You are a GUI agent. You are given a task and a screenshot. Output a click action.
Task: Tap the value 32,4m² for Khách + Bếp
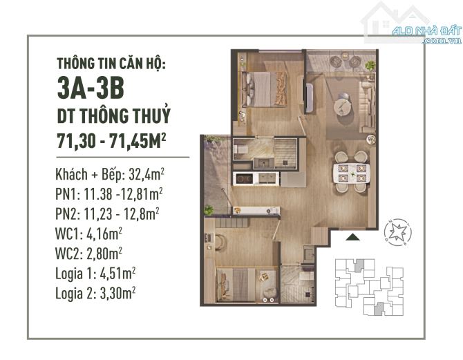point(147,175)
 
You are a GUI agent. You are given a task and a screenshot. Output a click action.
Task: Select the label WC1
point(67,234)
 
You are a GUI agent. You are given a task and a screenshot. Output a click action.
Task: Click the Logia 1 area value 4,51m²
point(117,273)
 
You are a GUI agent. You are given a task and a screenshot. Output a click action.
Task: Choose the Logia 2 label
point(75,293)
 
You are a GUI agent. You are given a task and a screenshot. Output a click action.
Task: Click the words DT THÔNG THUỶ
point(114,115)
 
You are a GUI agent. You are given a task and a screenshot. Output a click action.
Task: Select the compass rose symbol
point(397,232)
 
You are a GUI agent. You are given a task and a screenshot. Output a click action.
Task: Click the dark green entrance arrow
point(352,237)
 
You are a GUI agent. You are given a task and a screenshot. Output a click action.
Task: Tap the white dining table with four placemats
point(351,173)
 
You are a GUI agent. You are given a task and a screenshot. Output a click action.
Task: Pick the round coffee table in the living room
point(343,106)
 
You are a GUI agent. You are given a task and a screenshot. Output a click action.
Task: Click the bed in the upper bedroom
point(264,89)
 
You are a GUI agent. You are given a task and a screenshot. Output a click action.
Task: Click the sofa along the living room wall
point(367,106)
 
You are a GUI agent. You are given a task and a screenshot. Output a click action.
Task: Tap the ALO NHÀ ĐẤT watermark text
point(426,30)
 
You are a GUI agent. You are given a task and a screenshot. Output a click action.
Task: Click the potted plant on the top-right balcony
point(370,65)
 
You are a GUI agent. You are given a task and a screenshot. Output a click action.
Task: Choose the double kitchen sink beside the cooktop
point(267,178)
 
